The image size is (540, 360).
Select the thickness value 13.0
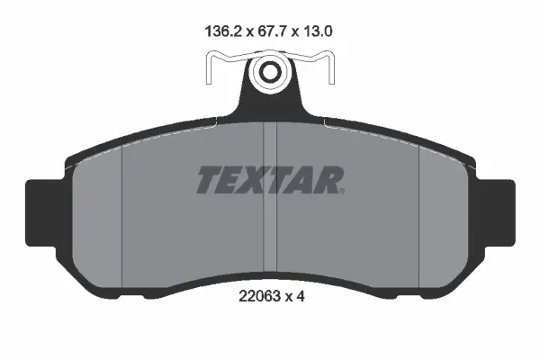318,31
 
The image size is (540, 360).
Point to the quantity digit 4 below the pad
301,296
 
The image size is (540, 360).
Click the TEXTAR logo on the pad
270,180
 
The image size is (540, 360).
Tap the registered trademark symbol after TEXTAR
342,191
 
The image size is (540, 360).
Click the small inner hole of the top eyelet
269,72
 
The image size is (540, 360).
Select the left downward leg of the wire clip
209,68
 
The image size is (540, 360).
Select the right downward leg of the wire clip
331,68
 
